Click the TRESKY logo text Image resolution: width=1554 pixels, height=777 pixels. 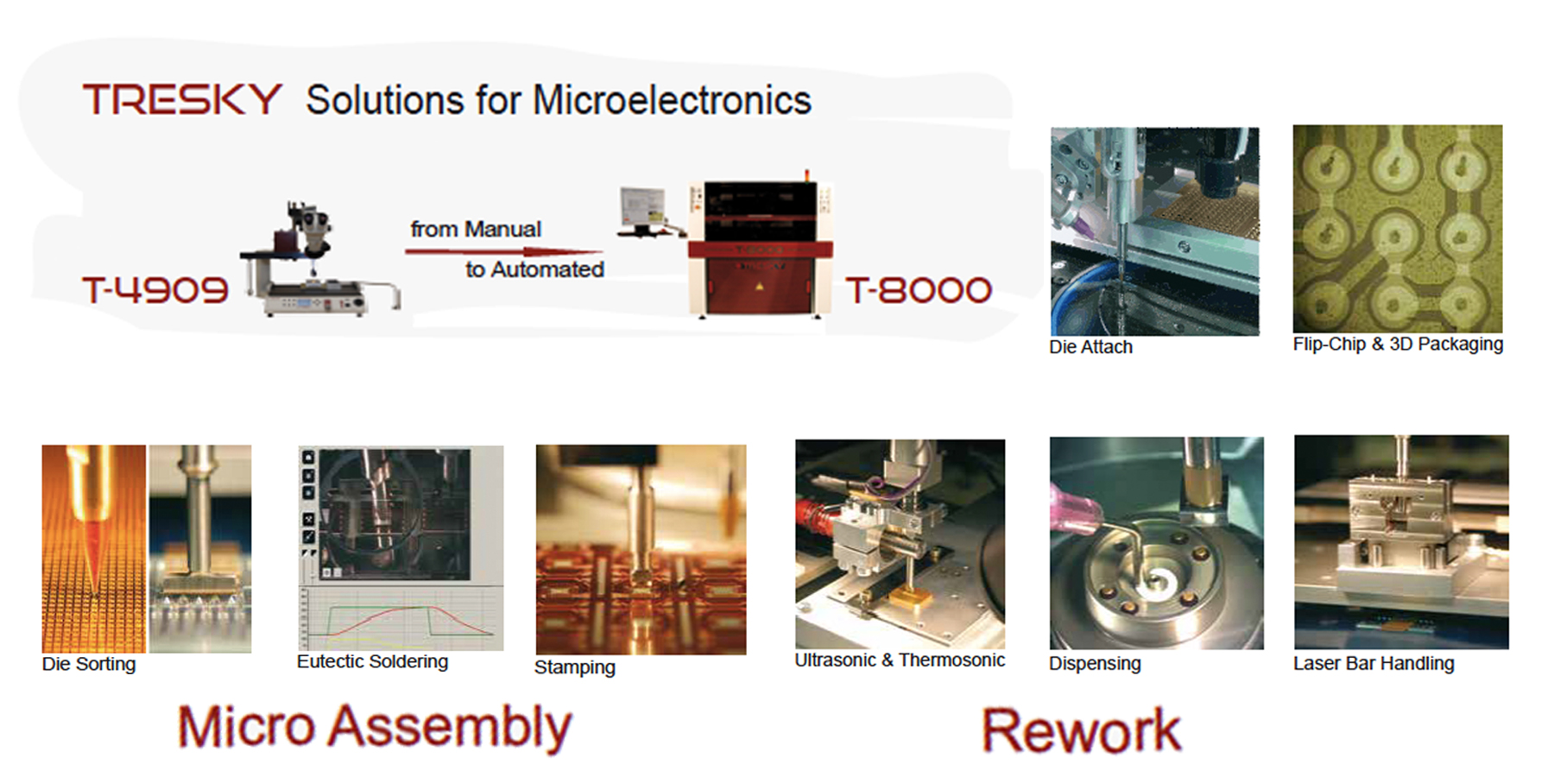coord(182,99)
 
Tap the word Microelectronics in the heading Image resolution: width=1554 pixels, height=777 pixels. coord(672,100)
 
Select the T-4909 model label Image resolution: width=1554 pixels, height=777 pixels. coord(155,290)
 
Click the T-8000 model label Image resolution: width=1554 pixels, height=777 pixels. coord(919,290)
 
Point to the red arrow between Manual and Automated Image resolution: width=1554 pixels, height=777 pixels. coord(490,251)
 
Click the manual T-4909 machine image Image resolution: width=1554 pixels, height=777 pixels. coord(320,259)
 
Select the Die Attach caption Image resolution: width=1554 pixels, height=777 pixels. coord(1090,347)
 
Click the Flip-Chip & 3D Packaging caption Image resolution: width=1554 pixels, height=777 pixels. coord(1398,344)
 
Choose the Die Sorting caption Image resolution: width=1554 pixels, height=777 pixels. coord(89,664)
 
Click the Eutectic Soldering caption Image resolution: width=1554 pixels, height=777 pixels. coord(372,662)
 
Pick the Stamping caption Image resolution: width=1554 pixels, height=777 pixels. coord(575,667)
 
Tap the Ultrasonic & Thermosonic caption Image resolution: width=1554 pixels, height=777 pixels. coord(900,660)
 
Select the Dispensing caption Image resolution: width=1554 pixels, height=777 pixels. coord(1095,664)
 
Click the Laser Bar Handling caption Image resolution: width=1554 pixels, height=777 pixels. coord(1374,664)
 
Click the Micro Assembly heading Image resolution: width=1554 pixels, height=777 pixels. coord(375,727)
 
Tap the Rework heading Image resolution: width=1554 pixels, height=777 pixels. coord(1081,731)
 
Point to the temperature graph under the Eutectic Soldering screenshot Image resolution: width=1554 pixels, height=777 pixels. coord(401,618)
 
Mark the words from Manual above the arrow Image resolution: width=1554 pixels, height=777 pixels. coord(476,230)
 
